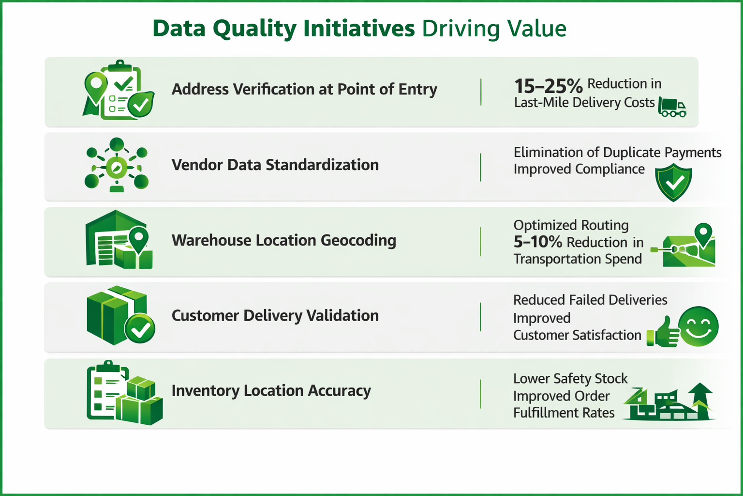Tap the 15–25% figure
coord(548,86)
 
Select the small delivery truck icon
coord(672,108)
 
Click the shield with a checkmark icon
coord(673,182)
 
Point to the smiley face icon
coord(698,326)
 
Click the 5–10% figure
coord(537,242)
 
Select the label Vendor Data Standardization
coord(275,165)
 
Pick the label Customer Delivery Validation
coord(275,315)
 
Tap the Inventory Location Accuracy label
coord(271,390)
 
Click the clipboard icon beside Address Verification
coord(121,91)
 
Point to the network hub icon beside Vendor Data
coord(117,165)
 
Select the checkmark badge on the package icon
coord(140,329)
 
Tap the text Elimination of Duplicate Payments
coord(617,153)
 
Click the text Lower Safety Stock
coord(570,378)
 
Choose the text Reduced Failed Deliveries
coord(590,300)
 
